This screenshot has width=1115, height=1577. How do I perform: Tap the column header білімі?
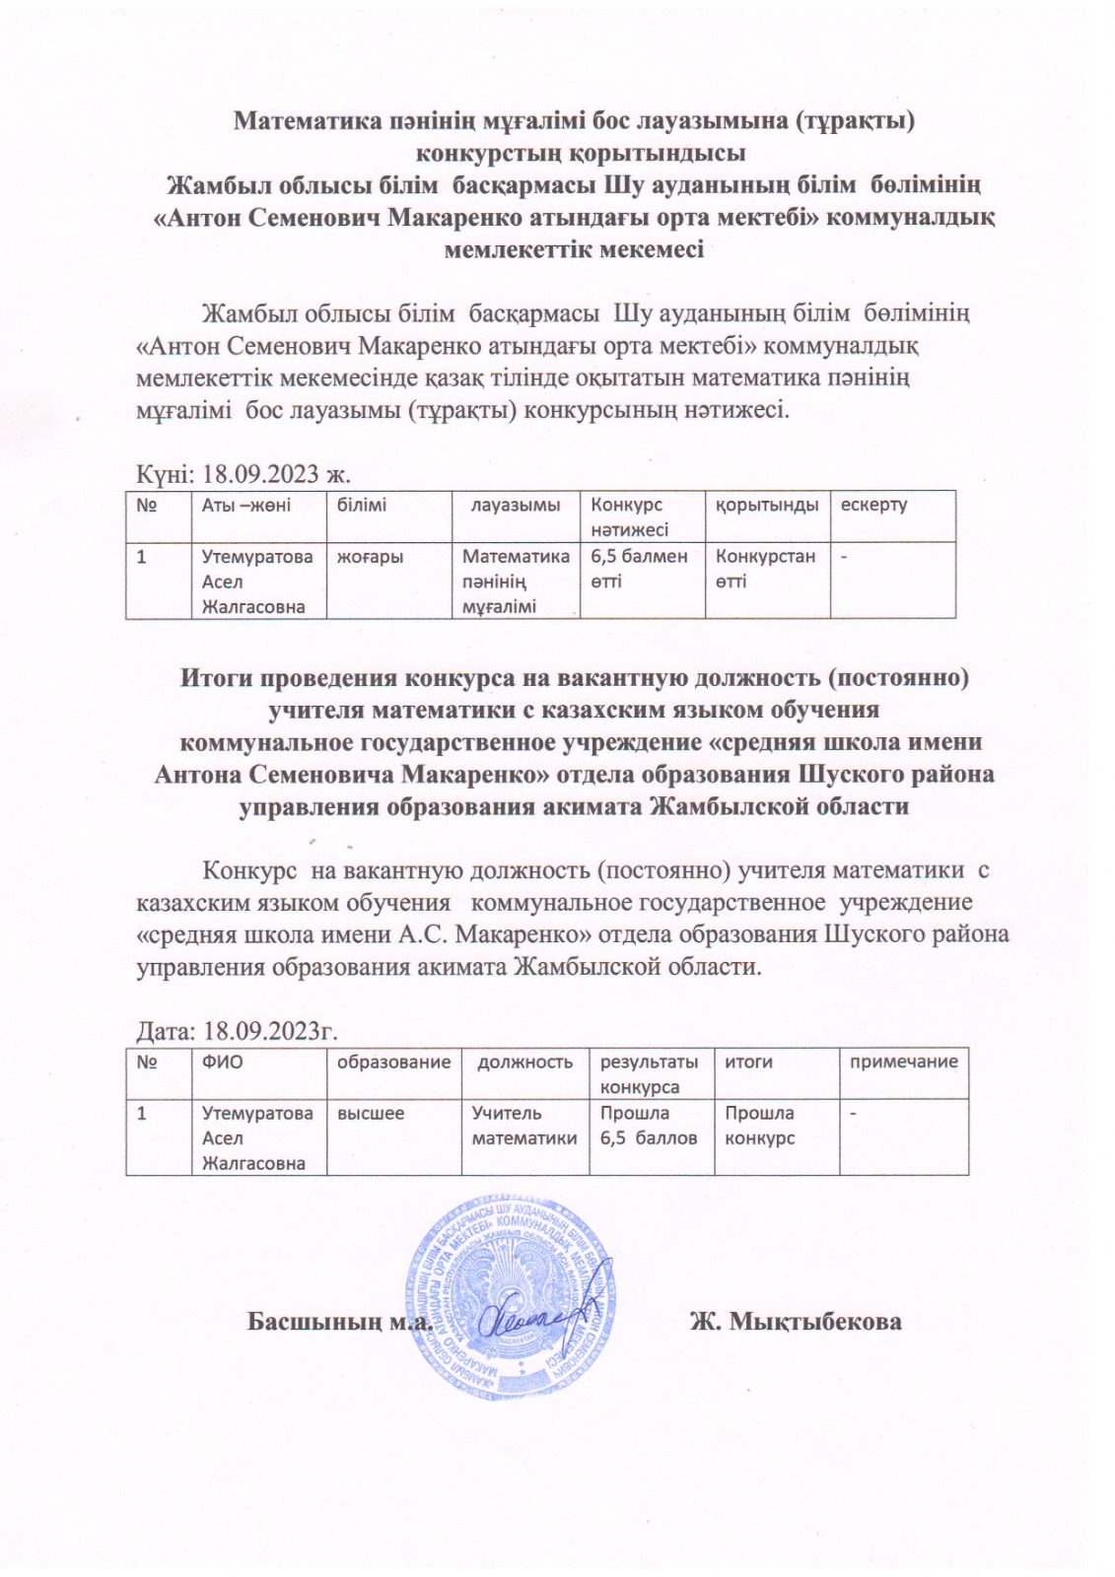[x=362, y=505]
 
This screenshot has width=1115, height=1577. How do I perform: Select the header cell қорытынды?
[x=766, y=505]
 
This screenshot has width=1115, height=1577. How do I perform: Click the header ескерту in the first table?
[x=872, y=505]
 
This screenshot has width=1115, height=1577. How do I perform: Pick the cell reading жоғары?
[x=370, y=557]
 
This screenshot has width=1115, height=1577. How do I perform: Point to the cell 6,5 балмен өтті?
[x=638, y=569]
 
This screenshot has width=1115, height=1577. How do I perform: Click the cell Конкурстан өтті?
[x=765, y=569]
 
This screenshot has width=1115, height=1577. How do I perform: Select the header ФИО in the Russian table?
[x=222, y=1062]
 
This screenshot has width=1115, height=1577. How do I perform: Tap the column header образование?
[x=393, y=1062]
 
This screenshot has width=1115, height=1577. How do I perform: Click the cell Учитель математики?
[x=524, y=1126]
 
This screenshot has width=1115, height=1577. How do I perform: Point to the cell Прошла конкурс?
[x=759, y=1126]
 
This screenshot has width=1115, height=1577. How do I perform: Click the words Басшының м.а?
[x=340, y=1321]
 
